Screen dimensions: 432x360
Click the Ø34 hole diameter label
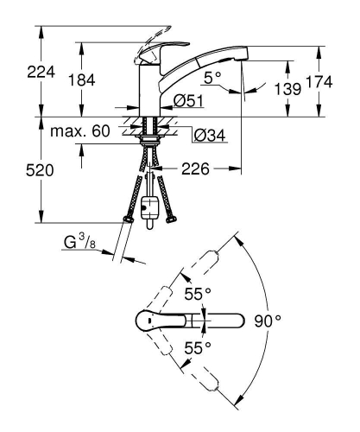(x=207, y=134)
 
